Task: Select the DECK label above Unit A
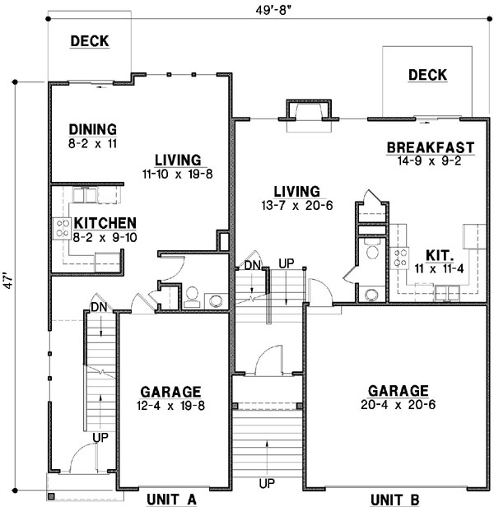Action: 90,41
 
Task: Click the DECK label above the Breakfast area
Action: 427,76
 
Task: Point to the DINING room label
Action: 92,130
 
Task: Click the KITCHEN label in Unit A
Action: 105,223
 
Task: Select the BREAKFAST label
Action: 431,148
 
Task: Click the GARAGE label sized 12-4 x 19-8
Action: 171,391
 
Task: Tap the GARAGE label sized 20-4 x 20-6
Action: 398,391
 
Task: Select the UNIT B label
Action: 394,499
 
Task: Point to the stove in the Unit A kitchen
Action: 62,228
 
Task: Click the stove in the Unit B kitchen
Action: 402,258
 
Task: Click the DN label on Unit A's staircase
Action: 98,308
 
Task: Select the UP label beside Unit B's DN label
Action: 287,263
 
